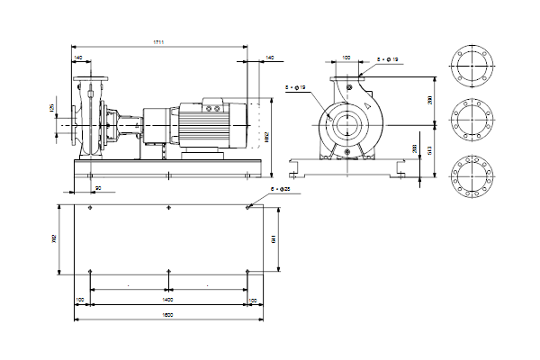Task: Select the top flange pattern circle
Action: (x=472, y=66)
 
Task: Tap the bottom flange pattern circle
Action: (x=472, y=177)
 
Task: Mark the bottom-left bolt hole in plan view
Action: (x=92, y=271)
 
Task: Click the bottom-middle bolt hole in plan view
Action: (x=168, y=271)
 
